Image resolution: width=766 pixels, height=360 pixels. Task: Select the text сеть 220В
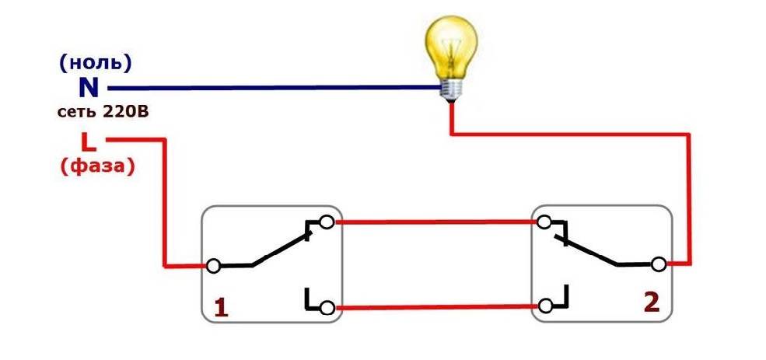(103, 112)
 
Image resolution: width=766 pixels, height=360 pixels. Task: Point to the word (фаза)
(96, 166)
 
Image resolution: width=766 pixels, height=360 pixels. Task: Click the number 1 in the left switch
(221, 308)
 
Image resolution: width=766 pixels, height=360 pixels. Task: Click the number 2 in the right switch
(650, 302)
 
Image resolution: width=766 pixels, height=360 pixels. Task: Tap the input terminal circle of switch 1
(212, 266)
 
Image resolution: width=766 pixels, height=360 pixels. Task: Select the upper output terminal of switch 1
(327, 222)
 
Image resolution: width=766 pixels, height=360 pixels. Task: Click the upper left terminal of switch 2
(544, 222)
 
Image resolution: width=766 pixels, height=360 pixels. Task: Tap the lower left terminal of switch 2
(544, 306)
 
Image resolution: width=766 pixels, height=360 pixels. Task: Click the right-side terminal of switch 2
(659, 265)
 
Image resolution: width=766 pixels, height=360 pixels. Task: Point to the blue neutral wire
(272, 88)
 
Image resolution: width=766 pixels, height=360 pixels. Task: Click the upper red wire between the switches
(435, 222)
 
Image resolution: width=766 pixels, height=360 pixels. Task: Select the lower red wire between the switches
(435, 307)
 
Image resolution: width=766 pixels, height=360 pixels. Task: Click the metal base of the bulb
(450, 90)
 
